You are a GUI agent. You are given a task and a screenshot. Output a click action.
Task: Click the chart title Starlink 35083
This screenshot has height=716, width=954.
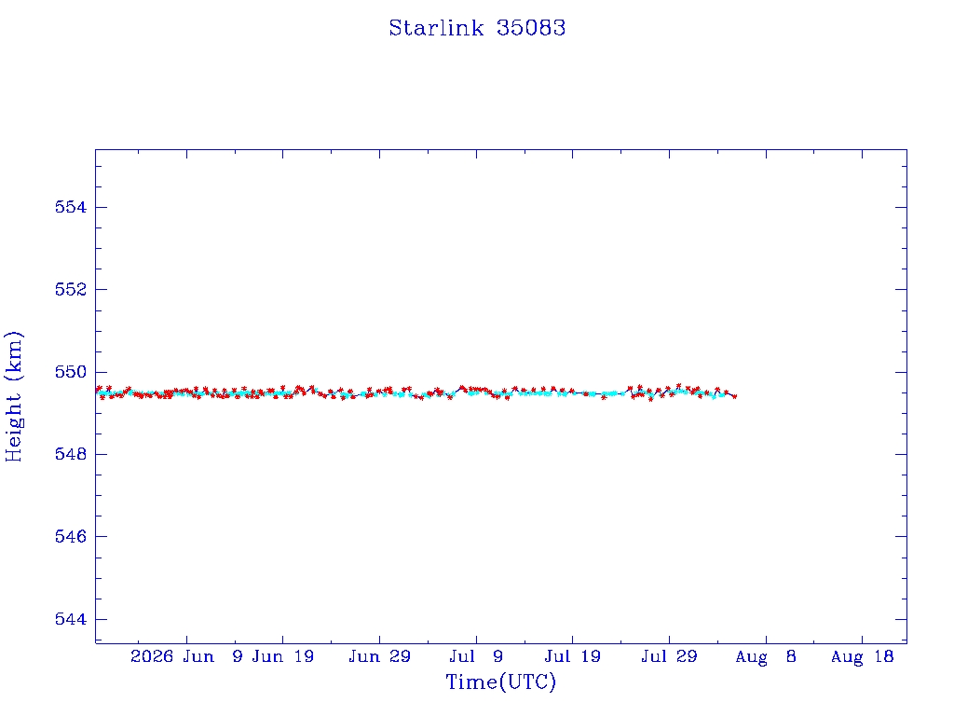point(477,28)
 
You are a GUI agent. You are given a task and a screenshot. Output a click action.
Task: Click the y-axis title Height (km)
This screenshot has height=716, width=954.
point(13,396)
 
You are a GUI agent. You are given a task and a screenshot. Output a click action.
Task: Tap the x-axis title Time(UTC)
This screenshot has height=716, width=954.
point(500,682)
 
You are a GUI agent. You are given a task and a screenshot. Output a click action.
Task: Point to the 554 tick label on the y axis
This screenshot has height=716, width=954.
point(71,207)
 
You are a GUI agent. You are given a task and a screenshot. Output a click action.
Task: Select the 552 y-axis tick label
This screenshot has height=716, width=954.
point(71,289)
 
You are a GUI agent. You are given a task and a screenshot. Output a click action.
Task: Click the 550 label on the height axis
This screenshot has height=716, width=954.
point(71,372)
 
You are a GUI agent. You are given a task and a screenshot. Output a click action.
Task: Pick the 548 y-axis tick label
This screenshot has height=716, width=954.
point(71,454)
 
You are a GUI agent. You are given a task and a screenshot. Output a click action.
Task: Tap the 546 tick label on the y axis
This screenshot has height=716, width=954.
point(71,536)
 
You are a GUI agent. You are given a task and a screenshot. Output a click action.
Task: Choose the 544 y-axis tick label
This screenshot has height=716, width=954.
point(71,619)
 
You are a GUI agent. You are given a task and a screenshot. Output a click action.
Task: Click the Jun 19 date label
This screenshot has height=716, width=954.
point(283,656)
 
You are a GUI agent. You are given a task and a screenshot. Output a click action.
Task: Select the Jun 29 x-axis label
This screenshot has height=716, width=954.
point(380,656)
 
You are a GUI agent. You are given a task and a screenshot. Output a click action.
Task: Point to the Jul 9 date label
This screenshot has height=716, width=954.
point(476,656)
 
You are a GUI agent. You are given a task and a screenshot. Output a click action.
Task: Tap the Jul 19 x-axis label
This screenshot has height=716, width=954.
point(573,656)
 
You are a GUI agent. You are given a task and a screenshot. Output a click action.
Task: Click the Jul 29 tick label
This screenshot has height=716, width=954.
point(669,656)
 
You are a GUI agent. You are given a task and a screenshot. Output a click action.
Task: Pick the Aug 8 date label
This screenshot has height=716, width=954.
point(766,657)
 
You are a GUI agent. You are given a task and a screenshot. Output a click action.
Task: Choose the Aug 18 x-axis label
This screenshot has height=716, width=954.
point(862,657)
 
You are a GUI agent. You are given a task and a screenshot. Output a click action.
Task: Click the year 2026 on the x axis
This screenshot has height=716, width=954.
point(152,656)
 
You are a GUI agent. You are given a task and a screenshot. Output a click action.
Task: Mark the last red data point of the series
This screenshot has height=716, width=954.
point(735,396)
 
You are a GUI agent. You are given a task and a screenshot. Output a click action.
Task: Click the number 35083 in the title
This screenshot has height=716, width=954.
point(531,28)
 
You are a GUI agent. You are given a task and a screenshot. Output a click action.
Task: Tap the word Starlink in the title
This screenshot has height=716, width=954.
point(436,28)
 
